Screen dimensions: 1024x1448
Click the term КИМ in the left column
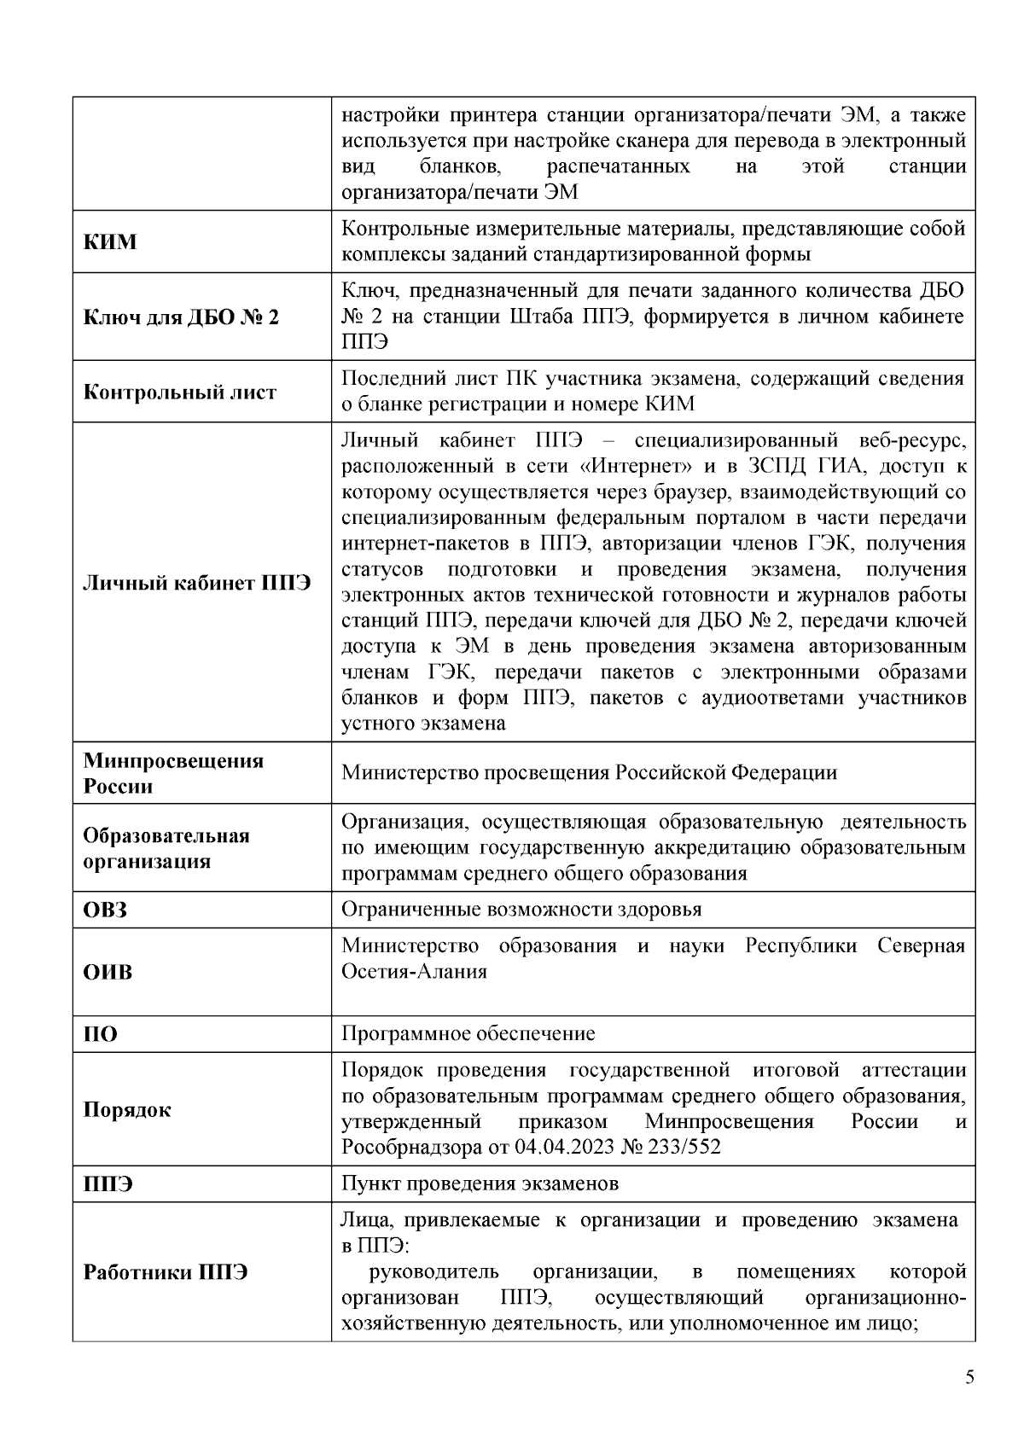coord(110,241)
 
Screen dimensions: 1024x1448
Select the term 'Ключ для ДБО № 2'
coord(181,317)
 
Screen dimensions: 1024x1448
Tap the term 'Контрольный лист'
coord(180,393)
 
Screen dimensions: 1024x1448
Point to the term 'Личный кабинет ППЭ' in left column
coord(196,583)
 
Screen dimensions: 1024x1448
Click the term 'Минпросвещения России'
coord(173,773)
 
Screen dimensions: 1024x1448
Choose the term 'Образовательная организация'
coord(166,848)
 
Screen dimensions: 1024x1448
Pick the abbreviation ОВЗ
coord(105,910)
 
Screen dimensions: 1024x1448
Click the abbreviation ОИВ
coord(108,973)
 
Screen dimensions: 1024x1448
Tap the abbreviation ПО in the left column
coord(101,1035)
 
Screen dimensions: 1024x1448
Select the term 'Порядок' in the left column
coord(127,1110)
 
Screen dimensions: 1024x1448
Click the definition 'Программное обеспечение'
coord(468,1034)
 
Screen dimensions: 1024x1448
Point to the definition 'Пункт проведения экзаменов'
coord(480,1183)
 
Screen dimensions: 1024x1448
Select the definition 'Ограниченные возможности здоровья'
coord(521,910)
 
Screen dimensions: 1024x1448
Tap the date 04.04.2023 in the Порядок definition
coord(564,1147)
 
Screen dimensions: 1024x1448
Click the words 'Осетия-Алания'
coord(414,972)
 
